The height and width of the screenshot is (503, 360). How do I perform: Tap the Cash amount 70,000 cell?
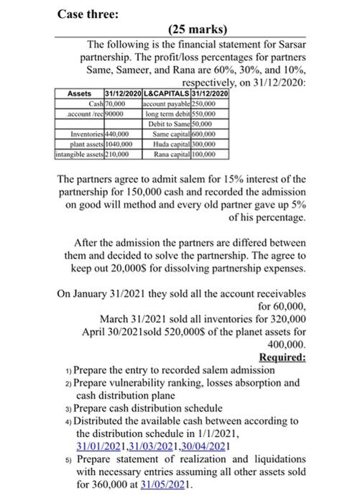(x=119, y=104)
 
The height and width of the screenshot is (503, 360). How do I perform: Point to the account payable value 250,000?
(x=213, y=104)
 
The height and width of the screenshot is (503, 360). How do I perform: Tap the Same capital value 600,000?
(x=213, y=134)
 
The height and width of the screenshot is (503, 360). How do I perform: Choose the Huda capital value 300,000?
(x=213, y=143)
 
